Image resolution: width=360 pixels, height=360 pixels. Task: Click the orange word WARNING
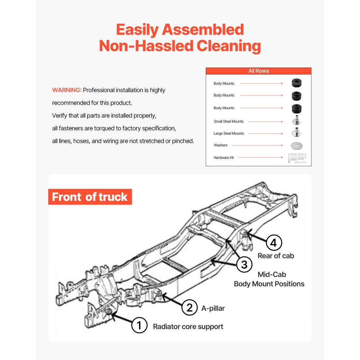(x=67, y=90)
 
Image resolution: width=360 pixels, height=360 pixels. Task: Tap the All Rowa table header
(x=258, y=71)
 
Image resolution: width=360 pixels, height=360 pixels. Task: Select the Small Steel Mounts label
(x=229, y=121)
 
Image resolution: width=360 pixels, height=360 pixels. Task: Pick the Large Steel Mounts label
(x=229, y=134)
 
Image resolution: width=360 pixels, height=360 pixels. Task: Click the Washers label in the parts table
(x=221, y=145)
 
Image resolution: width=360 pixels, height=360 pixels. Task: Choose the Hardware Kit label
(x=224, y=158)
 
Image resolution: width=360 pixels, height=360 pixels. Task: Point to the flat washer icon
(x=297, y=146)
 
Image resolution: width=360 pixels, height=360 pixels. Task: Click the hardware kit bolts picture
(x=297, y=158)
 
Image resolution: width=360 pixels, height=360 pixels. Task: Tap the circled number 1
(x=139, y=326)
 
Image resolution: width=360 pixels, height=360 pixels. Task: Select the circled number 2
(x=189, y=308)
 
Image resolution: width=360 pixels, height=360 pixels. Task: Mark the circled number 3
(x=244, y=265)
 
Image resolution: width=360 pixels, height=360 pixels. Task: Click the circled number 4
(x=274, y=243)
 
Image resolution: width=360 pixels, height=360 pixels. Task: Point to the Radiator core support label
(x=188, y=327)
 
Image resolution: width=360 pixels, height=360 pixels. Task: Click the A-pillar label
(x=213, y=308)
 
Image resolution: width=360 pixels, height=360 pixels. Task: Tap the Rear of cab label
(x=276, y=256)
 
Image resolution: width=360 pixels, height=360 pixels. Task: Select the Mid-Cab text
(x=272, y=274)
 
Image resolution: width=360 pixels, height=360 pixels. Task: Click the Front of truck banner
(x=90, y=197)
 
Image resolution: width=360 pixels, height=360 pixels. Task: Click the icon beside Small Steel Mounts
(x=297, y=121)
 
